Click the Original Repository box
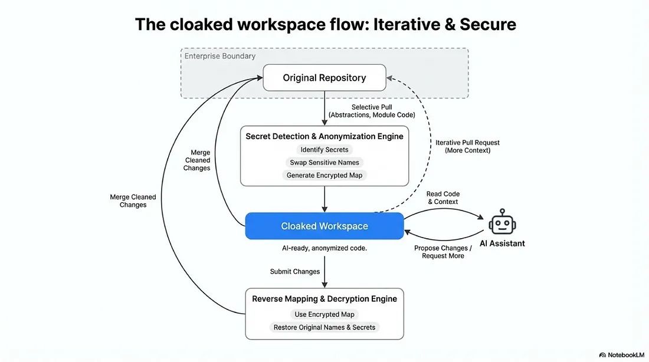point(324,78)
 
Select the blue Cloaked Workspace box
point(324,226)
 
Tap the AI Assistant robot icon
point(502,222)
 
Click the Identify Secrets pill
point(324,150)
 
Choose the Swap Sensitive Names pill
point(324,163)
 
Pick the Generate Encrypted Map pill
point(324,175)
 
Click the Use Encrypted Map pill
point(324,314)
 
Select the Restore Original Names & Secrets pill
point(324,327)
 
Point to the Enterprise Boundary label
point(220,57)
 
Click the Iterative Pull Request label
point(467,146)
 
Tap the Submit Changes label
point(295,272)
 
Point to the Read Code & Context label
point(442,198)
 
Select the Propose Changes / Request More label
point(442,252)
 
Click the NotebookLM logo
point(622,355)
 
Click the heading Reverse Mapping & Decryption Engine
point(324,299)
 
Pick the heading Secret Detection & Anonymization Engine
point(324,136)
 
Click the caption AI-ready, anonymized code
point(324,248)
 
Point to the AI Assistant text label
point(502,243)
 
